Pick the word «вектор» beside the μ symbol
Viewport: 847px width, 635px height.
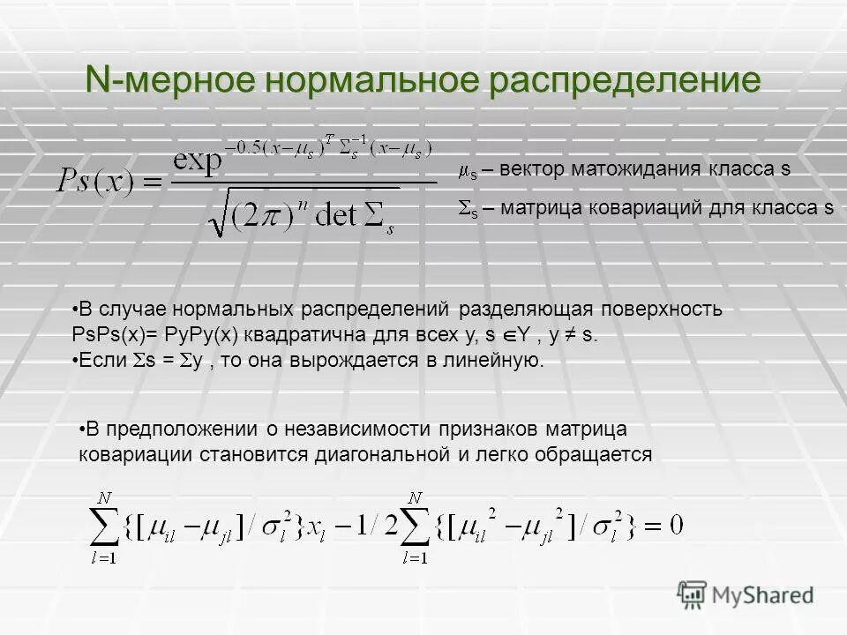coord(526,168)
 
